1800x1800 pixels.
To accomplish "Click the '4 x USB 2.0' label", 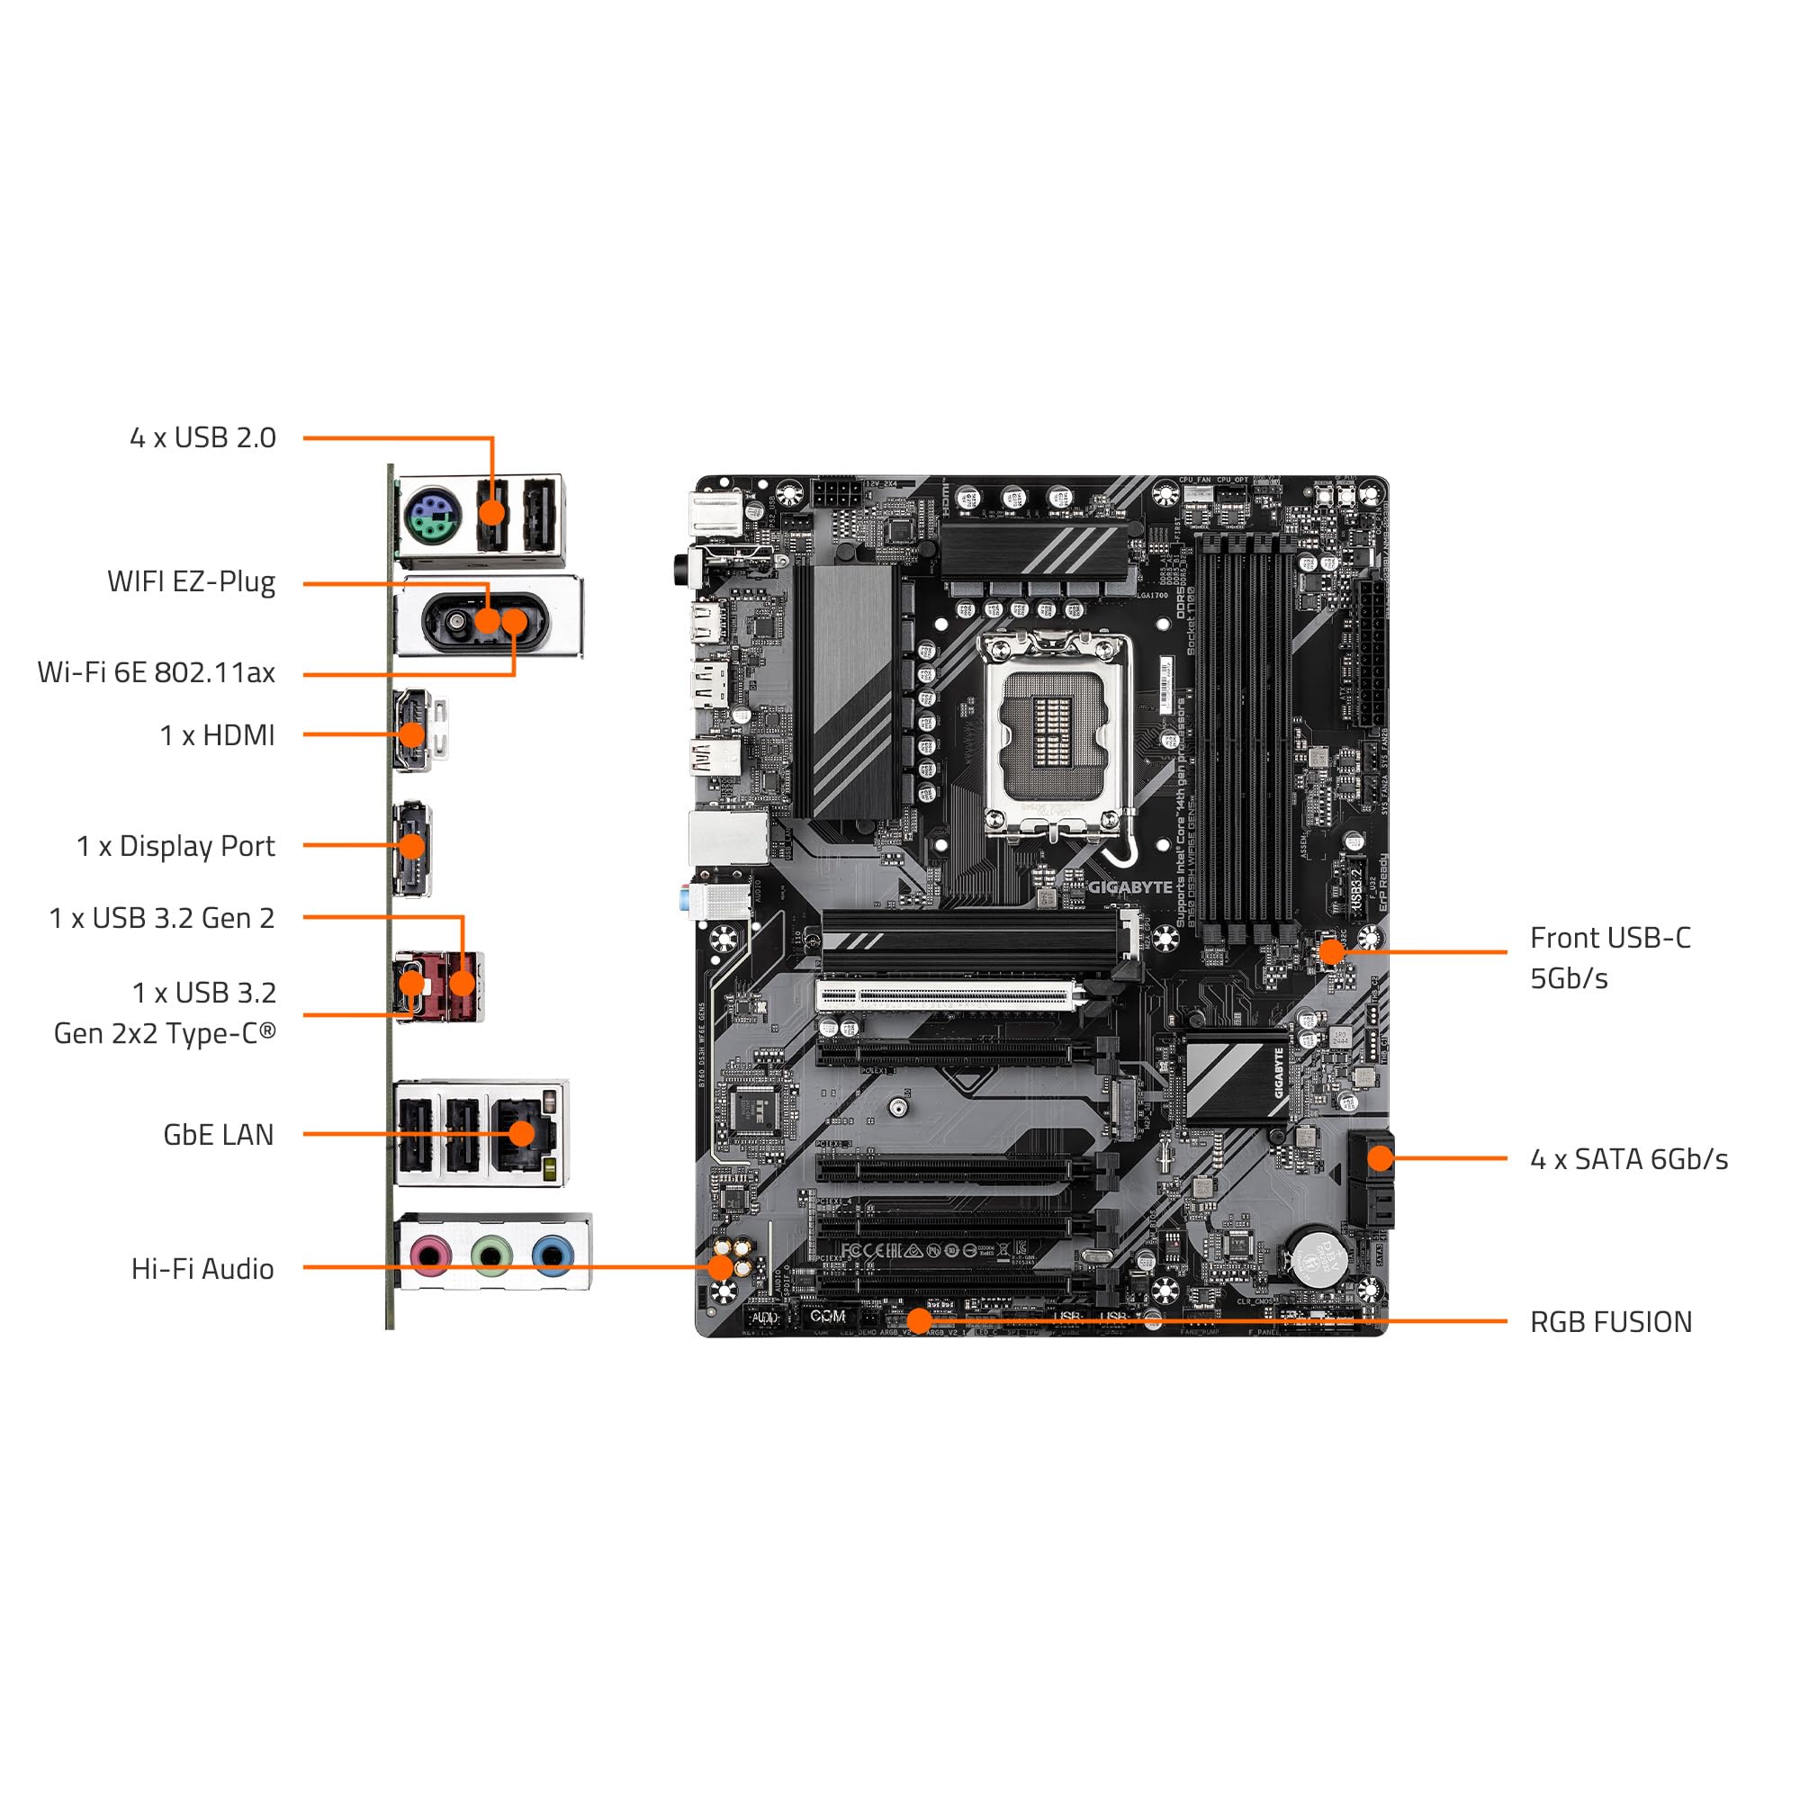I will (x=202, y=437).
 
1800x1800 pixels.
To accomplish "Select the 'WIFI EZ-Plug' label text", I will (x=191, y=581).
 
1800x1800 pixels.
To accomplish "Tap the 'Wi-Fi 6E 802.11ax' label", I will (x=156, y=671).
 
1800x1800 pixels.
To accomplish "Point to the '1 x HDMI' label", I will (x=217, y=735).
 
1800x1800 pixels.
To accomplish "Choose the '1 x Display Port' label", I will (x=175, y=846).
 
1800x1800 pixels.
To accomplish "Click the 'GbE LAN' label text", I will (x=218, y=1134).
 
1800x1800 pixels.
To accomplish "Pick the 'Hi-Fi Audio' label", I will (x=202, y=1268).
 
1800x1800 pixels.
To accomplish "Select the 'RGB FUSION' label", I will (x=1610, y=1321).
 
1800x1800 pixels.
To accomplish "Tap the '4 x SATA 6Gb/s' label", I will (x=1629, y=1159).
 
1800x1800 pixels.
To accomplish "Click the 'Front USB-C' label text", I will (x=1610, y=937).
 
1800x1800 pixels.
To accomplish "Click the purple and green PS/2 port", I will (x=427, y=519).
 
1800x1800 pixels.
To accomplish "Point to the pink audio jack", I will (x=429, y=1255).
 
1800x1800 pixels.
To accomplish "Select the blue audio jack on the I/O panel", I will (x=553, y=1255).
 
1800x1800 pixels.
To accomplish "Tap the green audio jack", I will (x=491, y=1255).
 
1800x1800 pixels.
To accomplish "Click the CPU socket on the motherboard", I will (x=1058, y=732).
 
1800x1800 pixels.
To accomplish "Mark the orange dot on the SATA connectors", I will (x=1380, y=1158).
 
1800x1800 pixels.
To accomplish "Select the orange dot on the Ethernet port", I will (x=522, y=1133).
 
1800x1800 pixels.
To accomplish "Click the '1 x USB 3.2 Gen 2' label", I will (x=161, y=918).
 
